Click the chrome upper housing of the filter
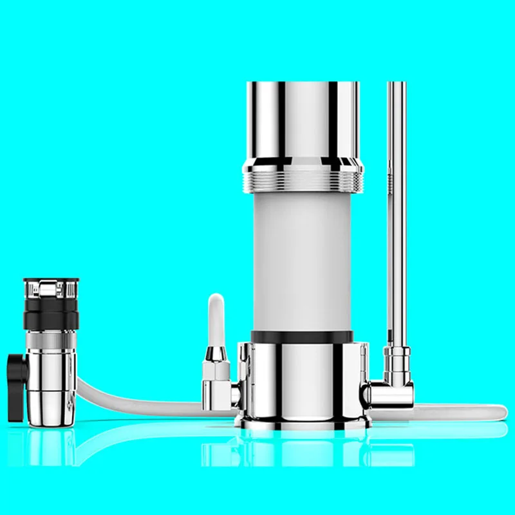(x=303, y=122)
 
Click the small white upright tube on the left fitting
(x=217, y=322)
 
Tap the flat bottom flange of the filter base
(x=303, y=422)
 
